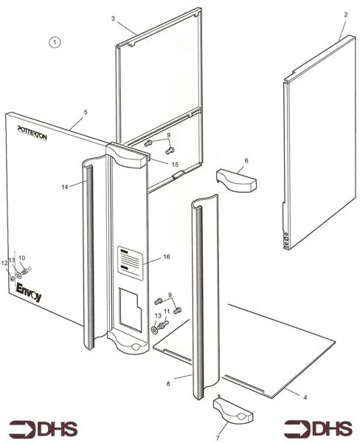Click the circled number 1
[55, 43]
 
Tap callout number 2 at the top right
[345, 15]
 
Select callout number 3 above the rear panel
[113, 18]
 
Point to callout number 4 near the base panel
[307, 398]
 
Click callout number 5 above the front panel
[86, 111]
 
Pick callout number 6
[246, 160]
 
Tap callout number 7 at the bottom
[218, 427]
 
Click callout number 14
[65, 188]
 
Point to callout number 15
[175, 164]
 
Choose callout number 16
[166, 256]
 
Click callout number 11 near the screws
[167, 312]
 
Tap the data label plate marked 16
[129, 262]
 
